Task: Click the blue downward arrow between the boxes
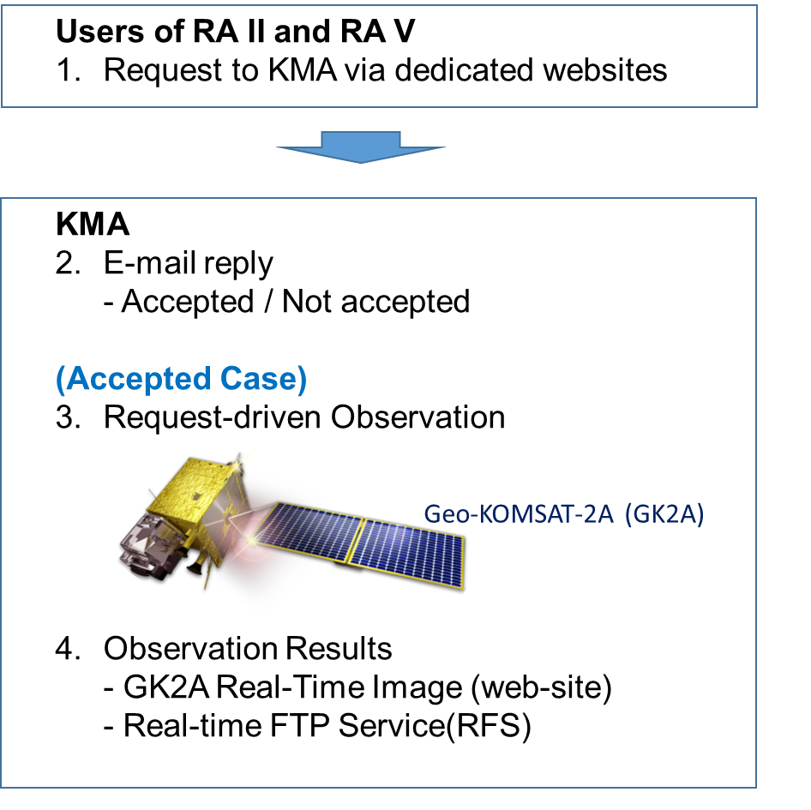(360, 147)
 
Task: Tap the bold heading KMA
(93, 225)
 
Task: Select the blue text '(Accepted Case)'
(181, 379)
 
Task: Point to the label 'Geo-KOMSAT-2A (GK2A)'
(563, 515)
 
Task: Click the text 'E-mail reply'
(189, 263)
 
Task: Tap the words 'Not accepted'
(375, 302)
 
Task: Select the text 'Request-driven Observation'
(304, 417)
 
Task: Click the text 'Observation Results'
(248, 649)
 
